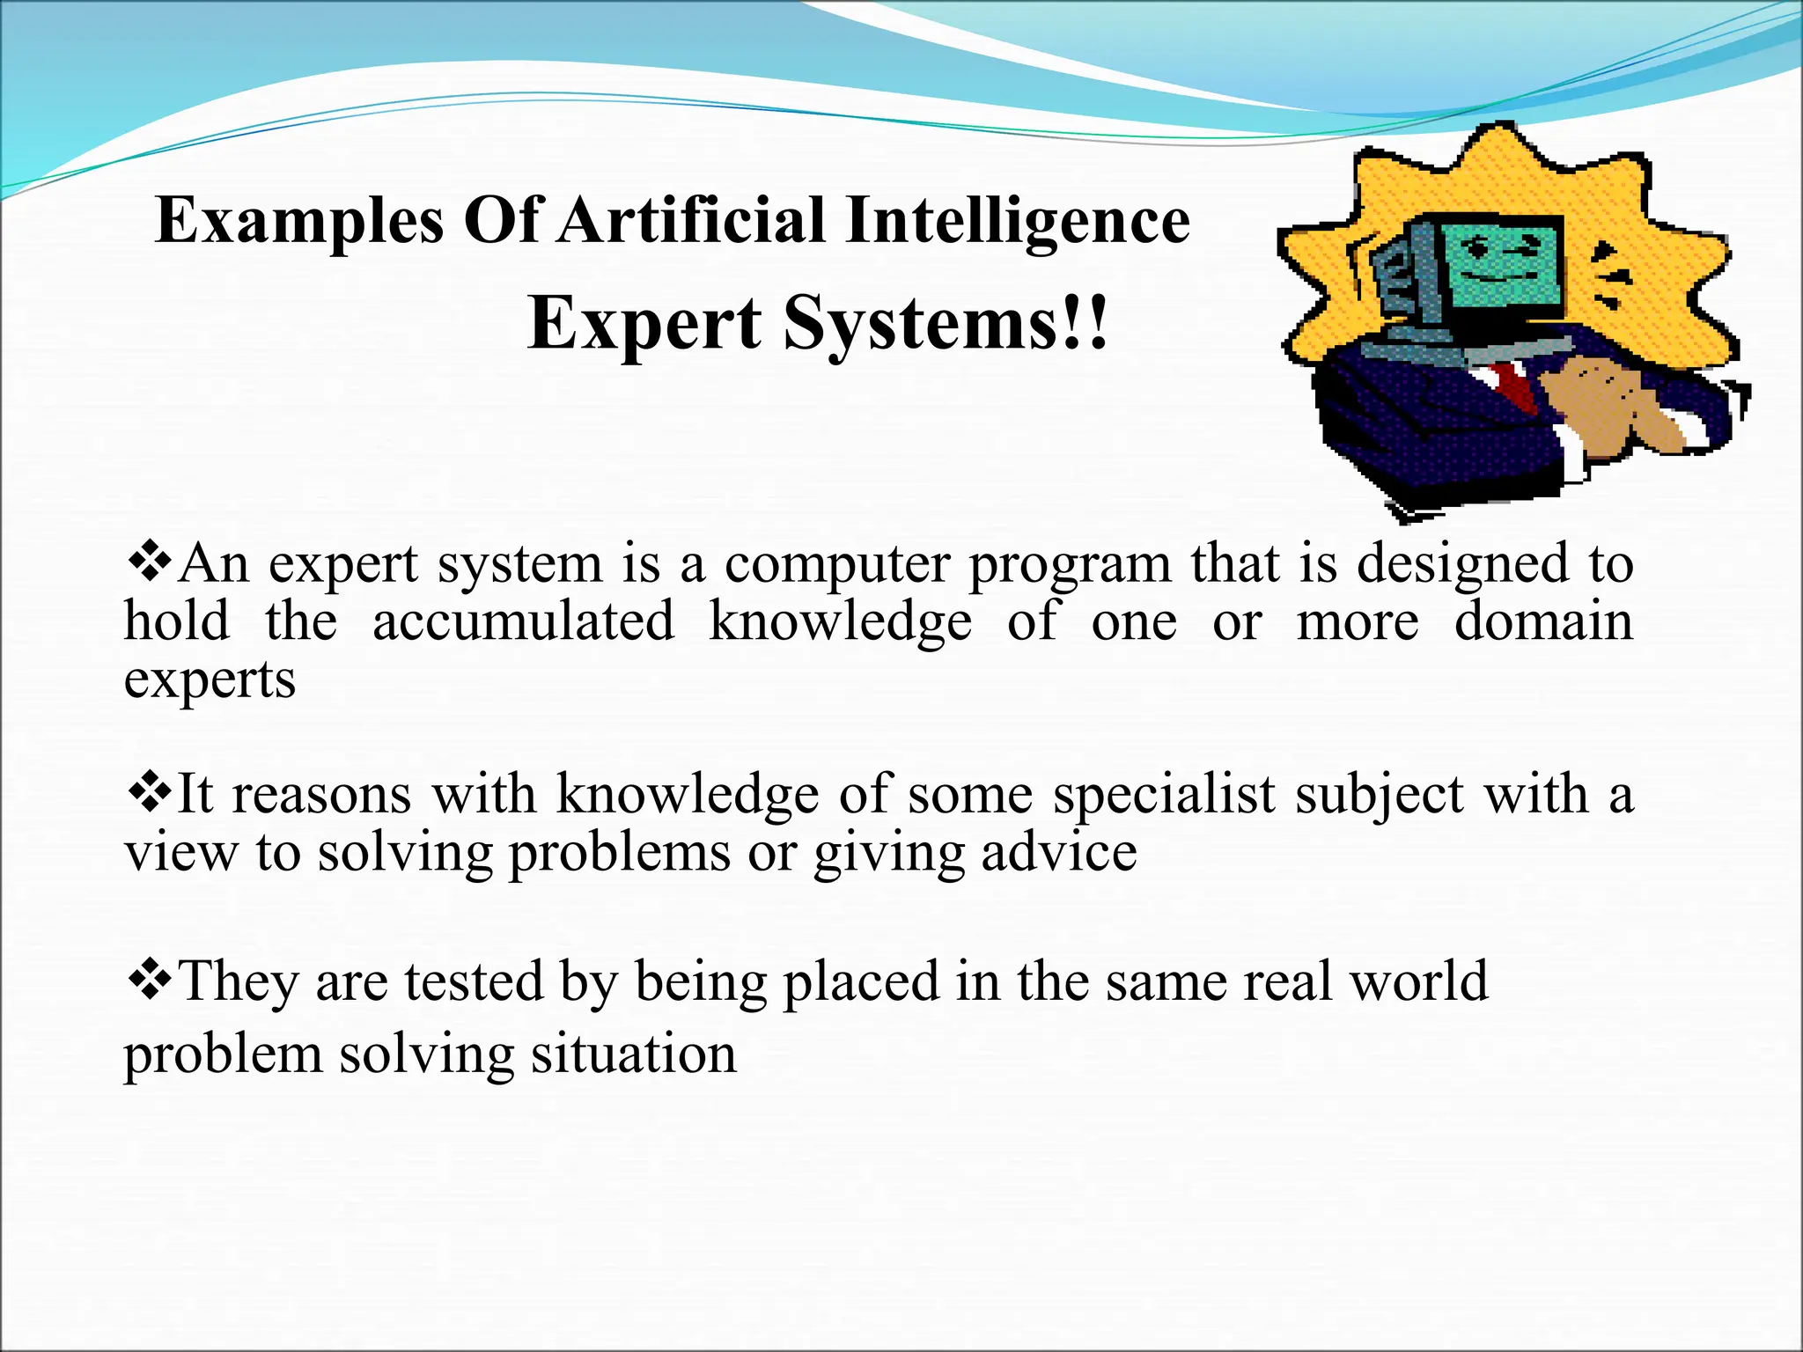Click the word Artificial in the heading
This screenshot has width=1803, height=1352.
tap(691, 220)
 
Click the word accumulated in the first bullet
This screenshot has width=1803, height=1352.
tap(523, 621)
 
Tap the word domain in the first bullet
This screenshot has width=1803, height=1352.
tap(1542, 621)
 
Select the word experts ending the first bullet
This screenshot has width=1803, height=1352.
tap(210, 681)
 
